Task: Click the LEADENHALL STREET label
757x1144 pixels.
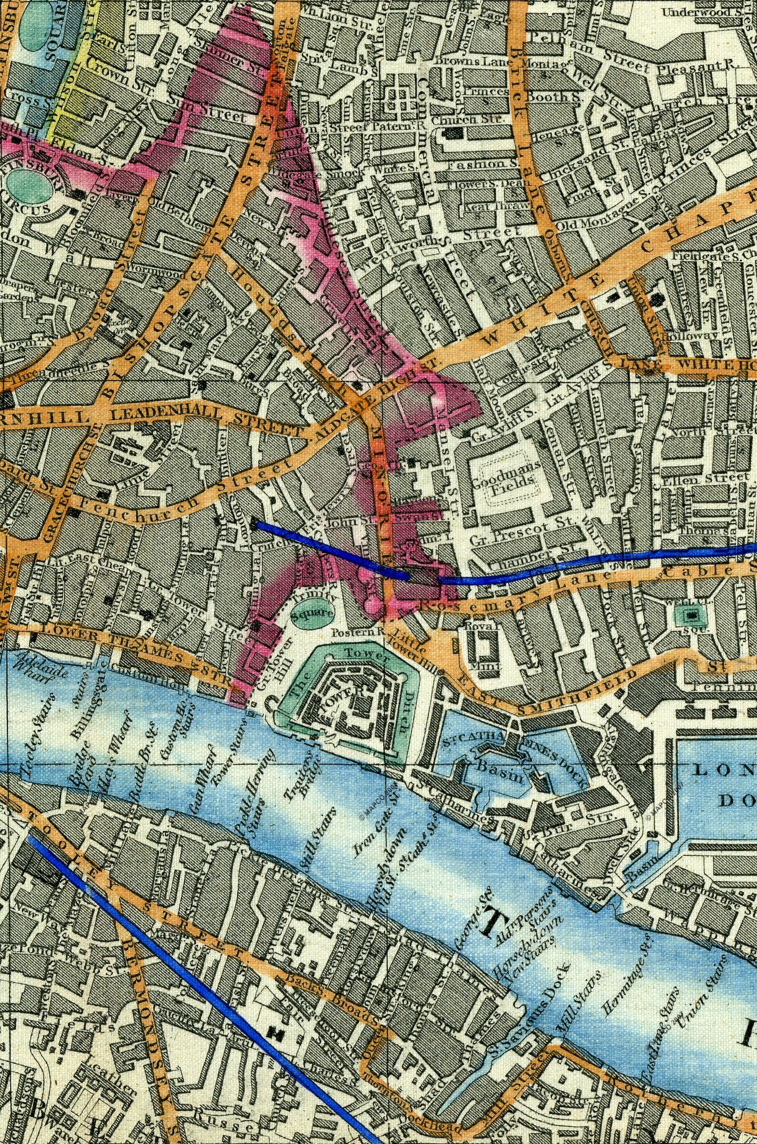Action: click(207, 420)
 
